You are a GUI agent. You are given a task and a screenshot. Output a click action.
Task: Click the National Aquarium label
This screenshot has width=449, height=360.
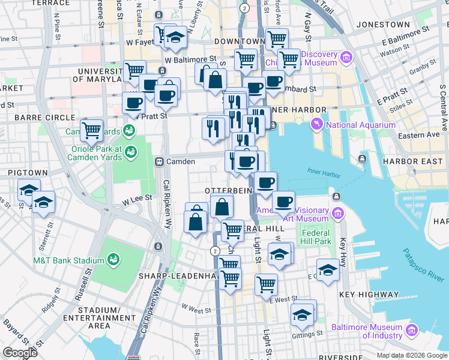tap(360, 125)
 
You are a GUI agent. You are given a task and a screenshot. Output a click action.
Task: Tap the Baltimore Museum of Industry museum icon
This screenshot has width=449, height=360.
tap(412, 331)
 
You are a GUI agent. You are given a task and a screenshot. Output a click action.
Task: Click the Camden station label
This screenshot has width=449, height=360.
tap(181, 161)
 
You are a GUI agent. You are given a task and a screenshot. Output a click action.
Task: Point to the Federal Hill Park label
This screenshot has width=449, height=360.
tap(316, 237)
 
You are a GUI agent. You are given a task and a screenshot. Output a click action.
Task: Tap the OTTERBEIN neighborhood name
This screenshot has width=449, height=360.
tap(226, 190)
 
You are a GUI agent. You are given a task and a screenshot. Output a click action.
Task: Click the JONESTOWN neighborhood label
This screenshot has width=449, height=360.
tap(382, 25)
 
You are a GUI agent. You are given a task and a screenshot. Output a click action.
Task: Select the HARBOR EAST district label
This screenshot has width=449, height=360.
tap(418, 161)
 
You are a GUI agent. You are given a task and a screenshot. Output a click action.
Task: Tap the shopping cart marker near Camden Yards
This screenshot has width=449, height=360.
tap(91, 128)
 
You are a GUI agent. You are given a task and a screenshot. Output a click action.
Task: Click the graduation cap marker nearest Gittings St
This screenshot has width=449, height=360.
tap(302, 314)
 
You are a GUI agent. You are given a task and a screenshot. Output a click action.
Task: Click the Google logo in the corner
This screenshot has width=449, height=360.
tap(20, 352)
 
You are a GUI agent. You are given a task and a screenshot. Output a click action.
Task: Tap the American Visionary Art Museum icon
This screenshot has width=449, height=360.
tap(337, 214)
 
